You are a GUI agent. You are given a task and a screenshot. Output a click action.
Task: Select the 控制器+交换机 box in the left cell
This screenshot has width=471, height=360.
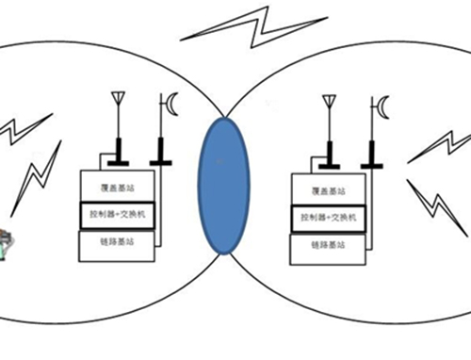(x=116, y=215)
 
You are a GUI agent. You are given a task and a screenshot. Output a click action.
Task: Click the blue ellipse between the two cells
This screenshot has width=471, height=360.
(x=223, y=185)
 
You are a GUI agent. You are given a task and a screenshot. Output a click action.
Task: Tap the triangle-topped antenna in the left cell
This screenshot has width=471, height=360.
(x=119, y=98)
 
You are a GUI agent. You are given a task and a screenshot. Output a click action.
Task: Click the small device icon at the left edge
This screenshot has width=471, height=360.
(x=6, y=244)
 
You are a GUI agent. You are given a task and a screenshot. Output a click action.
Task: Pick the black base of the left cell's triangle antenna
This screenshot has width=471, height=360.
(x=119, y=149)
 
